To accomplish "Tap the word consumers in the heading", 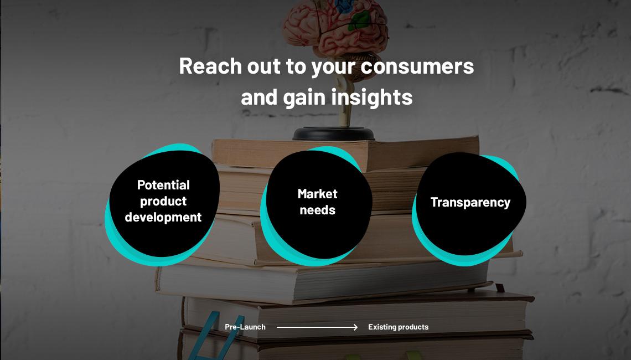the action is tap(417, 66).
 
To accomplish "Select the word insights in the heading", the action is tap(372, 97).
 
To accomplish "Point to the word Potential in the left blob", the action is tap(163, 185).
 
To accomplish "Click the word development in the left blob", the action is tap(163, 217).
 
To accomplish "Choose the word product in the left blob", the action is tap(163, 202).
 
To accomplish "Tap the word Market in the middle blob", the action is tap(318, 194).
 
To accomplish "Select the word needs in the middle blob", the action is tap(318, 210).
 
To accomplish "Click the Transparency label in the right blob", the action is tap(470, 202).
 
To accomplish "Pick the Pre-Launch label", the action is tap(245, 327).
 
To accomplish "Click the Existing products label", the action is tap(399, 327).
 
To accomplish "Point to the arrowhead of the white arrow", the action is tap(355, 327).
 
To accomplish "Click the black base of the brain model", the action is tap(334, 133).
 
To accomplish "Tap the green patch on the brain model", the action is tap(359, 20).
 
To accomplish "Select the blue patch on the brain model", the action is tap(344, 6).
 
